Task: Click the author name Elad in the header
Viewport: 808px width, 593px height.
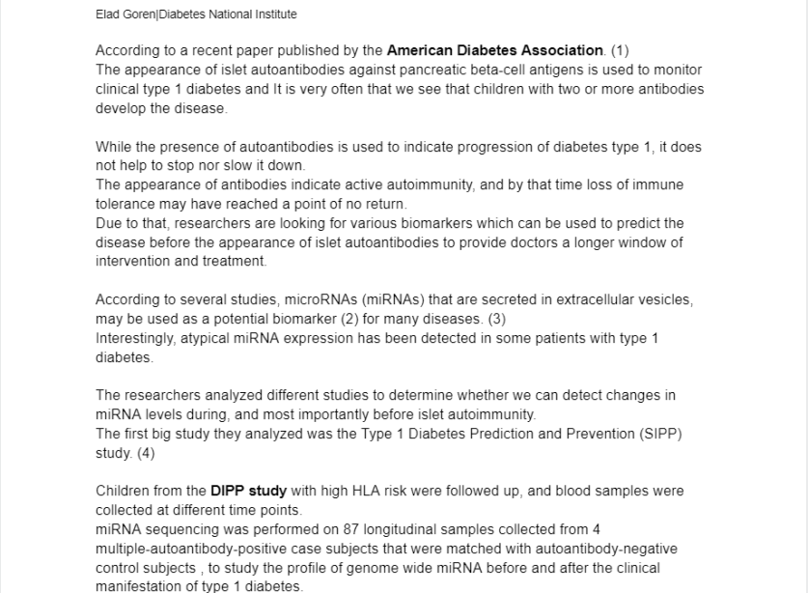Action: pyautogui.click(x=108, y=14)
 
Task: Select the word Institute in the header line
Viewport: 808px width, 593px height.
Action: pyautogui.click(x=274, y=14)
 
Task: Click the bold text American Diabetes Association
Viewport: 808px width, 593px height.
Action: pyautogui.click(x=495, y=50)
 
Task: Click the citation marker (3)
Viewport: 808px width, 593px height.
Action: pyautogui.click(x=496, y=319)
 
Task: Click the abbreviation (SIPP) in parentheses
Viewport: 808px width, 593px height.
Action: pyautogui.click(x=661, y=434)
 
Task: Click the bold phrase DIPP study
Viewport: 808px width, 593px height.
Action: pyautogui.click(x=248, y=491)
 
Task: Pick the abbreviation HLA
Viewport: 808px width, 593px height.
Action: pyautogui.click(x=357, y=491)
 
